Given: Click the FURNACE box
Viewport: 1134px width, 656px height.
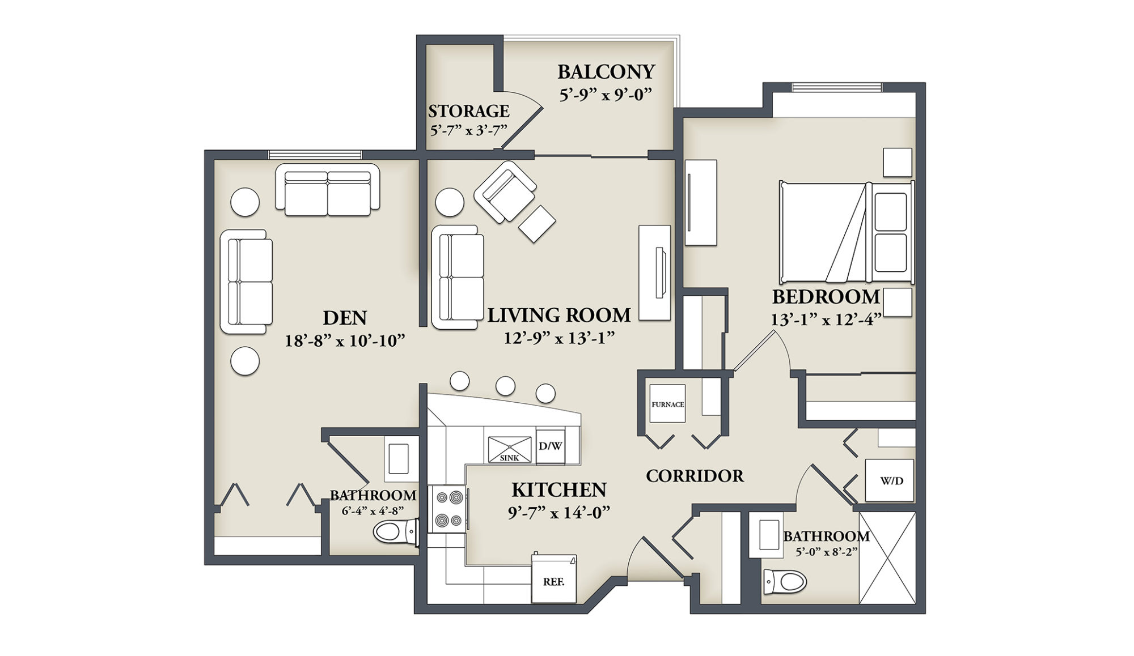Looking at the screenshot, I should tap(667, 404).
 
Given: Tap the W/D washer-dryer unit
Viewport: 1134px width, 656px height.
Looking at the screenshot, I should tap(890, 481).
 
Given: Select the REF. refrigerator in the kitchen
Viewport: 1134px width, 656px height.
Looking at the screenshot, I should tap(553, 580).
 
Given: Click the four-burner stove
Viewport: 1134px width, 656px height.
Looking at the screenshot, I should tap(447, 509).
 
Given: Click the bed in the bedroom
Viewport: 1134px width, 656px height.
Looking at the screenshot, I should tap(845, 232).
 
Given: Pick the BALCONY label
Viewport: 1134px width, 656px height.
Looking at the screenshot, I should tap(606, 72).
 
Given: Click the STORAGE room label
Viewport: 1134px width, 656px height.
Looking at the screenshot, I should tap(468, 111).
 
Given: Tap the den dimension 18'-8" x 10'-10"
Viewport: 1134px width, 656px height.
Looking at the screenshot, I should tap(345, 341).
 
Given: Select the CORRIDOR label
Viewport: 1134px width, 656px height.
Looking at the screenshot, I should tap(695, 476).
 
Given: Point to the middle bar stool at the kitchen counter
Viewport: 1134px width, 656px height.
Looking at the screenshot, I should tap(505, 386).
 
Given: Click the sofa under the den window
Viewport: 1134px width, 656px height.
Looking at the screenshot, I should tap(328, 190).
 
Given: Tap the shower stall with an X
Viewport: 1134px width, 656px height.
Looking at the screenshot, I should tap(887, 558).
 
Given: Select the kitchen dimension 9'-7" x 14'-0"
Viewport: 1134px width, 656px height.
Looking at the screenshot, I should tap(559, 513).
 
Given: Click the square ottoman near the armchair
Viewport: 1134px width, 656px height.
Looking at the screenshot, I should tap(537, 224).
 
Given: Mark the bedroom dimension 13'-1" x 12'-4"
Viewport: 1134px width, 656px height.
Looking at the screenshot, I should tap(826, 320).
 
